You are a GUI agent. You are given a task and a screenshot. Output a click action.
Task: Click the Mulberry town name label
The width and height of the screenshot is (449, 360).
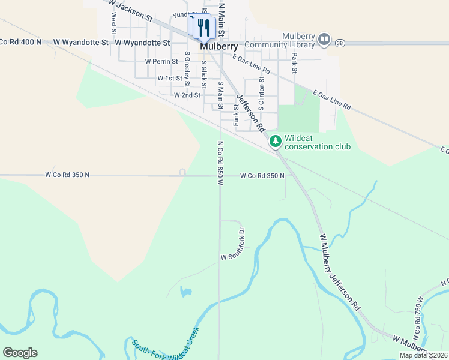[219, 46]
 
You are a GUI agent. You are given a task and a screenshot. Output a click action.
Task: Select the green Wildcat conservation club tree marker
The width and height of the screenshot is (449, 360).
[275, 142]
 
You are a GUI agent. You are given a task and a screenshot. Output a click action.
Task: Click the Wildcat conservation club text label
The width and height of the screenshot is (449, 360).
[318, 142]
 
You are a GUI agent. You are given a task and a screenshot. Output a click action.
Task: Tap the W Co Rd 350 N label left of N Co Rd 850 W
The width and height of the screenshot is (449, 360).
[67, 175]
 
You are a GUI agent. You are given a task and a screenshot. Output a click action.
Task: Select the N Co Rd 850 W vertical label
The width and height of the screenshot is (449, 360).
[220, 163]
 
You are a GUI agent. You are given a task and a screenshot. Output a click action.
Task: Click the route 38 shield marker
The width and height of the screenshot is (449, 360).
[340, 43]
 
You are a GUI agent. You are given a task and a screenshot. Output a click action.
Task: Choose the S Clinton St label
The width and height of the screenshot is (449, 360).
[261, 87]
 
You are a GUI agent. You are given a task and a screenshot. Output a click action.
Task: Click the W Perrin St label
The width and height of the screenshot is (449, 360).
[161, 61]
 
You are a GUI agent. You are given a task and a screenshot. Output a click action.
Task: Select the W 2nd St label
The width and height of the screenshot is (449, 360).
[187, 95]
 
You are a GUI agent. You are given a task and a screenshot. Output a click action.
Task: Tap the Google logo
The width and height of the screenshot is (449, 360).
[20, 353]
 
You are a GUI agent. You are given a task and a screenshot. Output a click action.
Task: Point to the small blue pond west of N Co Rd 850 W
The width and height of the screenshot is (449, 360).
[185, 292]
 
